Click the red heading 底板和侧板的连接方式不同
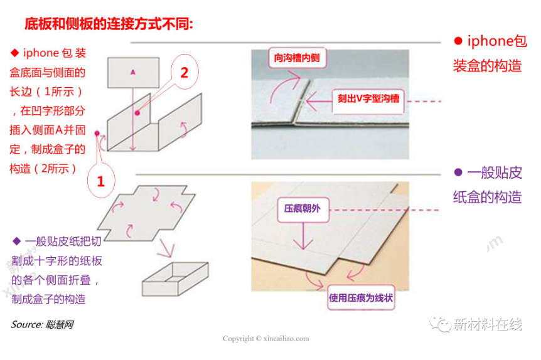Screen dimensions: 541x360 coord(109,24)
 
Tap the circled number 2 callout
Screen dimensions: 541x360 coord(185,72)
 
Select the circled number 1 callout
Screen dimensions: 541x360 coord(101,181)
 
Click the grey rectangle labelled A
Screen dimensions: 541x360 coord(133,72)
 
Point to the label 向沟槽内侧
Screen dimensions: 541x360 coord(297,58)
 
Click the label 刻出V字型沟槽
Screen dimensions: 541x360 coord(368,99)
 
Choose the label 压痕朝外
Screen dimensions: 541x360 coord(303,209)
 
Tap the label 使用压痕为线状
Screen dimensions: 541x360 coord(360,297)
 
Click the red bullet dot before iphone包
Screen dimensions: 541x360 coord(458,41)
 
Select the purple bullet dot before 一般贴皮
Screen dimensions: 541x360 coord(458,172)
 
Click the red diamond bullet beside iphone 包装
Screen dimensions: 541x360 coord(15,53)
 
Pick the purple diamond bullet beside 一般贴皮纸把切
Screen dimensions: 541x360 coord(16,241)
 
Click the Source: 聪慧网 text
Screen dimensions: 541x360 coord(42,324)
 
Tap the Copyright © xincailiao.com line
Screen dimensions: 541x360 coord(265,339)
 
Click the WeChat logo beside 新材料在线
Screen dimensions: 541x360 coord(440,324)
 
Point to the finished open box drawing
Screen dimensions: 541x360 coord(175,279)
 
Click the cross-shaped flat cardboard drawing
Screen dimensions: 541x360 coord(146,213)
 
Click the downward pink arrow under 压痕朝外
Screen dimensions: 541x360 coord(303,236)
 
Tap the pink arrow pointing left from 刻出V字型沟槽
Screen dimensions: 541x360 coord(319,101)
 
